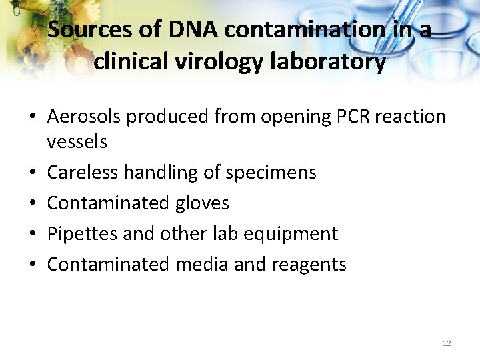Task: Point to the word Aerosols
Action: [84, 117]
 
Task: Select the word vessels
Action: [77, 141]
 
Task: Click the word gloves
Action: [203, 203]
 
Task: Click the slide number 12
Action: [447, 343]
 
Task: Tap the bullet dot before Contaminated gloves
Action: [33, 203]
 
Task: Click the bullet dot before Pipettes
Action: [33, 234]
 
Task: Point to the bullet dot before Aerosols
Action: [33, 117]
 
